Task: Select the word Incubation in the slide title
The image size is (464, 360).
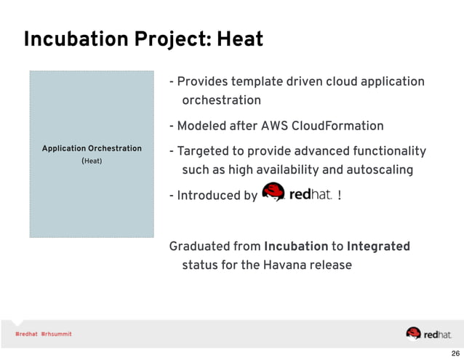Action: tap(66, 39)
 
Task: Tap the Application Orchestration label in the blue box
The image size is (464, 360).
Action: tap(92, 148)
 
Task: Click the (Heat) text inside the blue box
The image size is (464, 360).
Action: tap(92, 160)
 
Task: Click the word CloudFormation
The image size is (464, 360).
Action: tap(337, 126)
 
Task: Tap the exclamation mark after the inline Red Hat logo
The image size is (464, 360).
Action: tap(340, 196)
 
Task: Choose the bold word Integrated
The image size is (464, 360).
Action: tap(378, 247)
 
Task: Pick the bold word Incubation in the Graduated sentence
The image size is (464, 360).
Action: tap(296, 247)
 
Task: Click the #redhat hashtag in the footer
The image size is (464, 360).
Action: tap(26, 334)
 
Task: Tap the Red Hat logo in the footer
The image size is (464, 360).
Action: tap(428, 333)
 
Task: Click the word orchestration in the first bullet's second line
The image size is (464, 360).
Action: tap(221, 100)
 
